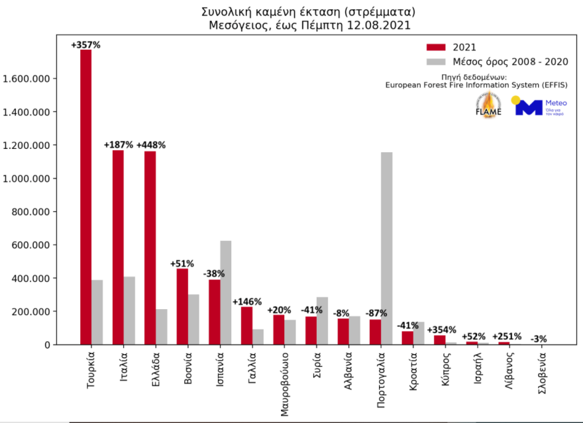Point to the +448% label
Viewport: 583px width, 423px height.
pyautogui.click(x=150, y=145)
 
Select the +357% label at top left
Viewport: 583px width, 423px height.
pyautogui.click(x=85, y=45)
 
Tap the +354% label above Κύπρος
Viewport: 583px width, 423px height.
pyautogui.click(x=440, y=330)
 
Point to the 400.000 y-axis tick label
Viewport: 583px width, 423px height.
pyautogui.click(x=29, y=279)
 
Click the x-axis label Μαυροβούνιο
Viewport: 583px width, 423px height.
pyautogui.click(x=283, y=381)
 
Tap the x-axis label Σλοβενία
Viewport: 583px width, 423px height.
pyautogui.click(x=543, y=376)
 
